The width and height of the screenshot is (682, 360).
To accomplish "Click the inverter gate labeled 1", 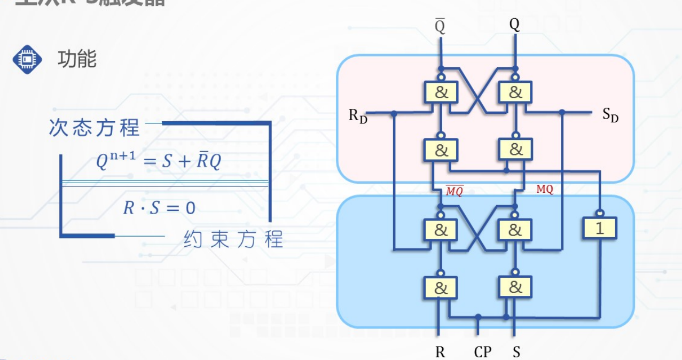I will (599, 228).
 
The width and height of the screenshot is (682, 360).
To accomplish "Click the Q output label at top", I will (514, 24).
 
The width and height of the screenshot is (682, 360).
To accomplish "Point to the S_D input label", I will (610, 114).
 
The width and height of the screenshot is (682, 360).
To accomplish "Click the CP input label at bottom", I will (483, 352).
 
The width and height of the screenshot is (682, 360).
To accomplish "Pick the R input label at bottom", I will (440, 352).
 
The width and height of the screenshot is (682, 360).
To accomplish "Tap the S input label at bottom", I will (516, 352).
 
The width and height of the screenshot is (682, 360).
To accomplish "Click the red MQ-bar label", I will (454, 190).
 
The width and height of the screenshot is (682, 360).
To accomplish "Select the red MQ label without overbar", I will (544, 189).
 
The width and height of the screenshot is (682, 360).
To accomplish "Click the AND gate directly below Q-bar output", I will (441, 92).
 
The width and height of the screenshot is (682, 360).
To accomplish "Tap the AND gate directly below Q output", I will (515, 92).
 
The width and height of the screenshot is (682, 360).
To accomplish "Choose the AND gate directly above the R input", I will (441, 287).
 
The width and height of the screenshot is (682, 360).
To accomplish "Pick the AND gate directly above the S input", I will (515, 287).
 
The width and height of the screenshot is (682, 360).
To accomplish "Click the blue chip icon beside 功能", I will (27, 59).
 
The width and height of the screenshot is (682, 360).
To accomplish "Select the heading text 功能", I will (77, 59).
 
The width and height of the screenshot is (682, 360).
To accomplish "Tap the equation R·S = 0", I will (159, 207).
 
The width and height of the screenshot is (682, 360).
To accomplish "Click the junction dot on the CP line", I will (478, 317).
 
